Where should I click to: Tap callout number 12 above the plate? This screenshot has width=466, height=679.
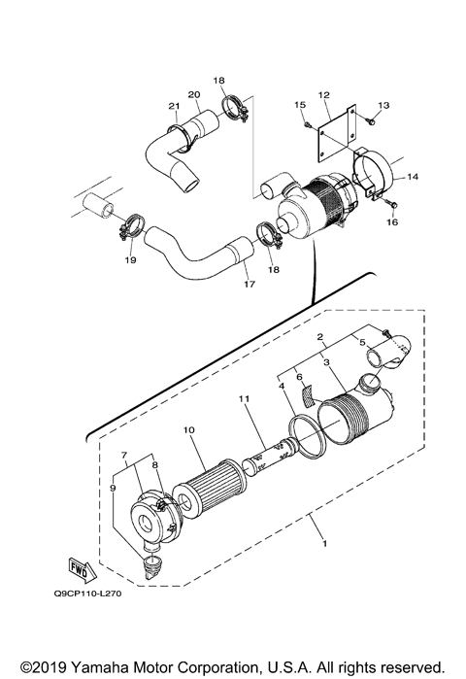coord(325,95)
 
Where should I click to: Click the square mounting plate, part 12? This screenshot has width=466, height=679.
coord(330,130)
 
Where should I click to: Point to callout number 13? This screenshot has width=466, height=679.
coord(383,105)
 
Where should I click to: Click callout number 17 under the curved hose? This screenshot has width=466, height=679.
coord(249,285)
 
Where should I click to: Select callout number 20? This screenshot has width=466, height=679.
coord(193,95)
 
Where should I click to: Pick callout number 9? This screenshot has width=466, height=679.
coord(115,488)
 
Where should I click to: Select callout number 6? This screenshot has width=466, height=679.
coord(300,377)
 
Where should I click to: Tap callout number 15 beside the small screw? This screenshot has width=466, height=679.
coord(299,104)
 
